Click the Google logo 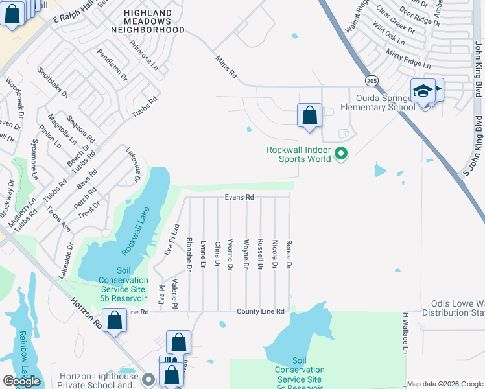(x=21, y=381)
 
